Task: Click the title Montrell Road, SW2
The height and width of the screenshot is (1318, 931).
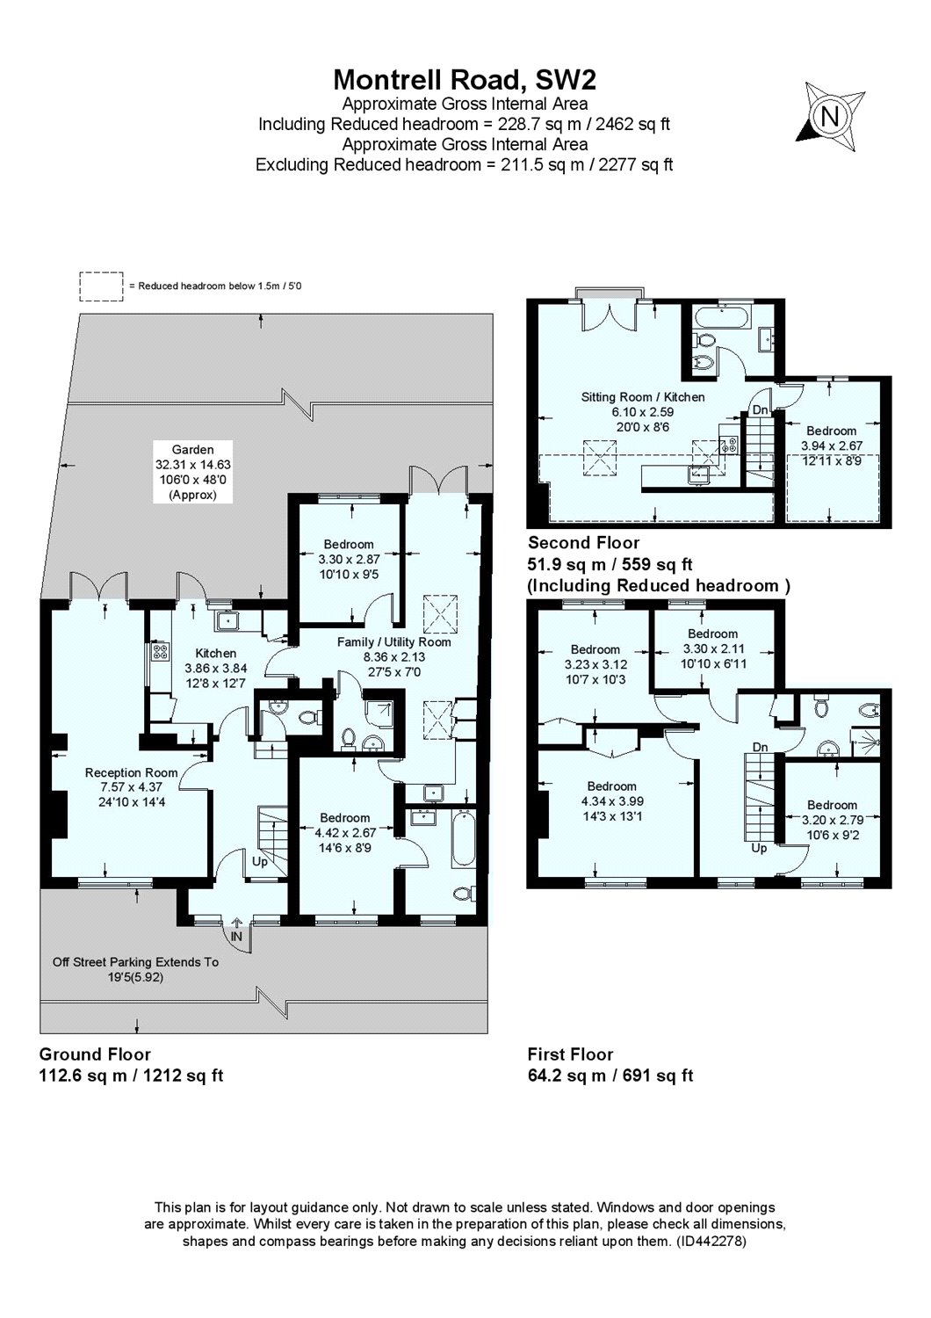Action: click(x=465, y=80)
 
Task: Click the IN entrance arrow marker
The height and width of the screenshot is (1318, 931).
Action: click(x=235, y=936)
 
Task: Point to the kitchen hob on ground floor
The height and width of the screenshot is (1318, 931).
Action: click(x=162, y=652)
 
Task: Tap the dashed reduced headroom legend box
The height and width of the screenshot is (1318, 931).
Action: click(x=102, y=286)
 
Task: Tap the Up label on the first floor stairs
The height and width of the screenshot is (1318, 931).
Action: click(x=758, y=849)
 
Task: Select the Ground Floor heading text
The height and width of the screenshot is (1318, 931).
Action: click(x=95, y=1054)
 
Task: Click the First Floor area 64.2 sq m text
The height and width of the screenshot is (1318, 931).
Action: click(x=610, y=1075)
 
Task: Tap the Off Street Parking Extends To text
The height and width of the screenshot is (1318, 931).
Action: click(x=135, y=962)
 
